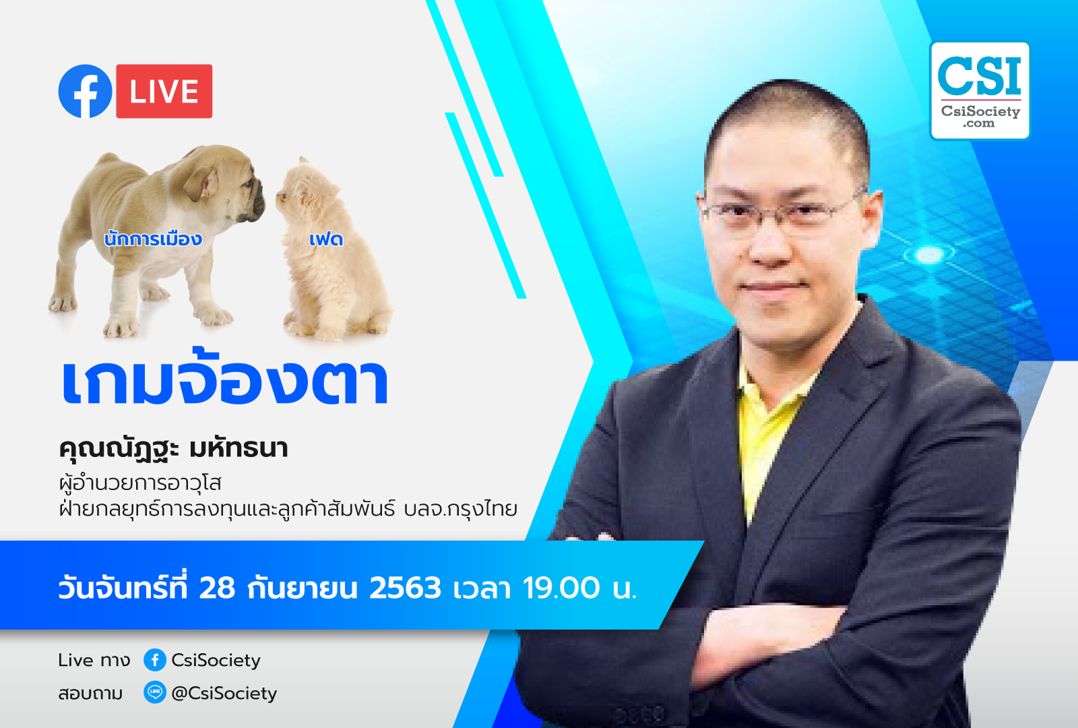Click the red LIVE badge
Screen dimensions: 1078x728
[164, 91]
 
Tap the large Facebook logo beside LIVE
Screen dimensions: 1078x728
[85, 91]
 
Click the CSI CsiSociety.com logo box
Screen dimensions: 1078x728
[980, 91]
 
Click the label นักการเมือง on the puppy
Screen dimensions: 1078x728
[153, 239]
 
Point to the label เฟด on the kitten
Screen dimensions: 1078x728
[326, 239]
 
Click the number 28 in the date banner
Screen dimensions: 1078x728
[217, 588]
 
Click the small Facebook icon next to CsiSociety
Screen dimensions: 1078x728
[155, 660]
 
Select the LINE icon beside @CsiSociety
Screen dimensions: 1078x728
[155, 692]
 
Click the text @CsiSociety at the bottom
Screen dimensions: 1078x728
[224, 694]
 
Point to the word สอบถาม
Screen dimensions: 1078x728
[90, 694]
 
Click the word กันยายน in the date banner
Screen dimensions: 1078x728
[303, 588]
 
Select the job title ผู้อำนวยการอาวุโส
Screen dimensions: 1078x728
[140, 483]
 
